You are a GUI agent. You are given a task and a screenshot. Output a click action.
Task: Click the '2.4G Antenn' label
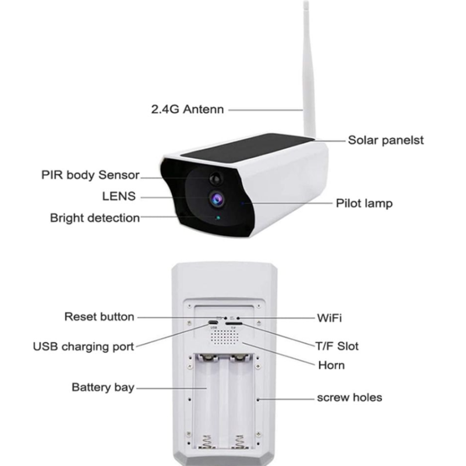pos(187,109)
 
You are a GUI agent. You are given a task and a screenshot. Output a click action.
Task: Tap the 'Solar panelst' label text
pos(386,140)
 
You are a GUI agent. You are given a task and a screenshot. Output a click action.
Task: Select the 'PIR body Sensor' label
pos(90,175)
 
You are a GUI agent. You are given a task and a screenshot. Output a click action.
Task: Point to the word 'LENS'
pos(119,196)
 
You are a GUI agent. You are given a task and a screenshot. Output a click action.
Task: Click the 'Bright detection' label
pos(95,218)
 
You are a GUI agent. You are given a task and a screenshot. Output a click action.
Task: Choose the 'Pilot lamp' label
pos(364,203)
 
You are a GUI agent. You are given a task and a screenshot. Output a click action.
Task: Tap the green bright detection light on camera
pos(218,218)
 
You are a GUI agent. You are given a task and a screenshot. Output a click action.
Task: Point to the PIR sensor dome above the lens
pos(216,179)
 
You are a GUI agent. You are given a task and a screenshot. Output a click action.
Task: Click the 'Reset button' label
pos(99,316)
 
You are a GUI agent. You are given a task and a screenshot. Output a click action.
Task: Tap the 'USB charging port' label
pos(83,347)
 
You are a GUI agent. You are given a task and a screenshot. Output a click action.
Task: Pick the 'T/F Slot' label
pos(337,346)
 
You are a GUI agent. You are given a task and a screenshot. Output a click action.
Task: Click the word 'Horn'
pos(331,365)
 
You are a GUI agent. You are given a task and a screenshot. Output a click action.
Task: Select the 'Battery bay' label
pos(103,387)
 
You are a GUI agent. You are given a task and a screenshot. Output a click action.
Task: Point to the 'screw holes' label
pos(349,397)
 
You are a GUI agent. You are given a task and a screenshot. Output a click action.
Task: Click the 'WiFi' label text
pos(329,318)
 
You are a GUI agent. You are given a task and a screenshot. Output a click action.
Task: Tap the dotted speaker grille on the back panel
pos(225,337)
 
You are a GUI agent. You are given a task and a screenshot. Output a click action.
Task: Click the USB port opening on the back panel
pos(213,323)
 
